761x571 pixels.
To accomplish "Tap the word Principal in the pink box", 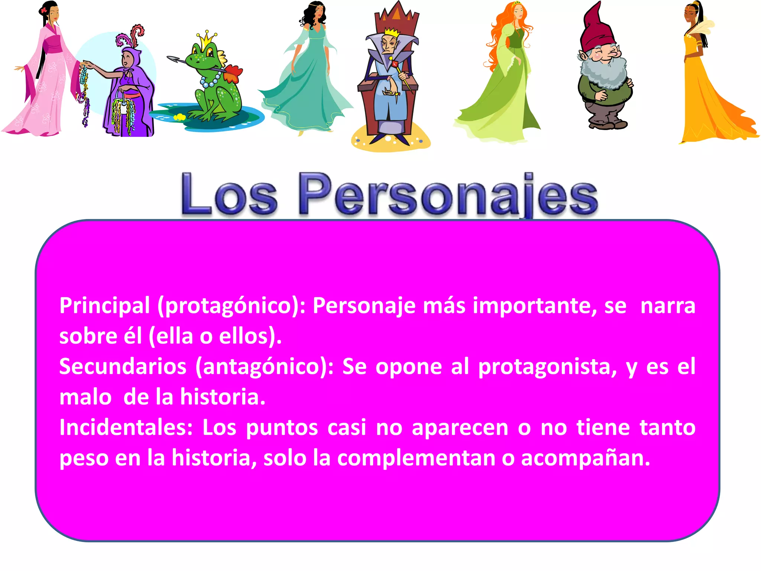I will [104, 306].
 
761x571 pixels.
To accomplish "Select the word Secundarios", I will [123, 367].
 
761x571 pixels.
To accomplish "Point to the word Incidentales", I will [126, 428].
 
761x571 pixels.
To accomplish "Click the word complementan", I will [416, 458].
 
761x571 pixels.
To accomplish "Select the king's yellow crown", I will [391, 33].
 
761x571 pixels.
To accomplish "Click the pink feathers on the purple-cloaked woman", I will [132, 35].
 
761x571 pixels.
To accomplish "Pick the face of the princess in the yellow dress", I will [691, 15].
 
